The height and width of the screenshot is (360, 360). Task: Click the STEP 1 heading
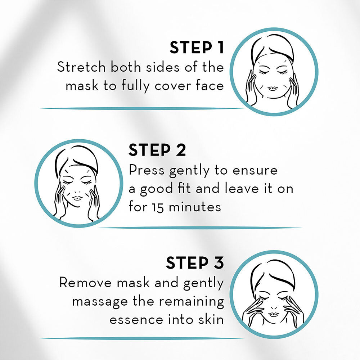pyautogui.click(x=197, y=48)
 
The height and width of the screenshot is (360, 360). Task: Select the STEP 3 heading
pyautogui.click(x=195, y=263)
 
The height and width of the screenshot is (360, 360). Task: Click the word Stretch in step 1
pyautogui.click(x=81, y=67)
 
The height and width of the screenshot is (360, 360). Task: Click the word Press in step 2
pyautogui.click(x=147, y=170)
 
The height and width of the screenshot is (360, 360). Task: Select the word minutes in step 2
pyautogui.click(x=195, y=207)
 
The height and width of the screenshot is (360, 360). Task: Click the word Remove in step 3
pyautogui.click(x=85, y=282)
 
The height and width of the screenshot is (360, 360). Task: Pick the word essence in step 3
pyautogui.click(x=136, y=320)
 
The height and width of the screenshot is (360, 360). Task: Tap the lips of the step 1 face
pyautogui.click(x=273, y=89)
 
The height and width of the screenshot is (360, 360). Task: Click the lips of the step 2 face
pyautogui.click(x=77, y=198)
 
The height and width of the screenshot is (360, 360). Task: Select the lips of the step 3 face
pyautogui.click(x=274, y=314)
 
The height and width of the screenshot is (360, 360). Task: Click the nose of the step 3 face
pyautogui.click(x=274, y=307)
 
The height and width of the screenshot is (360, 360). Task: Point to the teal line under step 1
pyautogui.click(x=142, y=108)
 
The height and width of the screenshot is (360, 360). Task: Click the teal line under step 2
pyautogui.click(x=200, y=228)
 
